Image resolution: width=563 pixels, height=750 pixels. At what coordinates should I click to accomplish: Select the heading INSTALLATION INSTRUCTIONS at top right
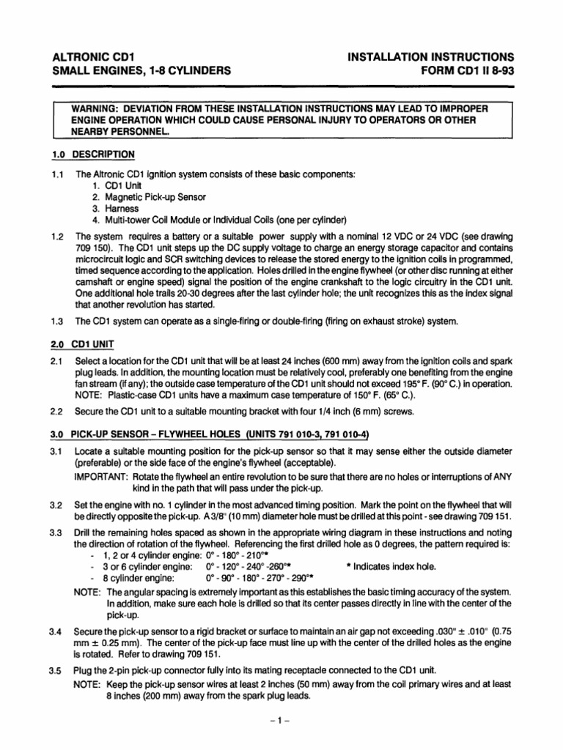[432, 56]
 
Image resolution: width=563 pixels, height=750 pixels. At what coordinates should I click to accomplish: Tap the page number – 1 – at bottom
[281, 721]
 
